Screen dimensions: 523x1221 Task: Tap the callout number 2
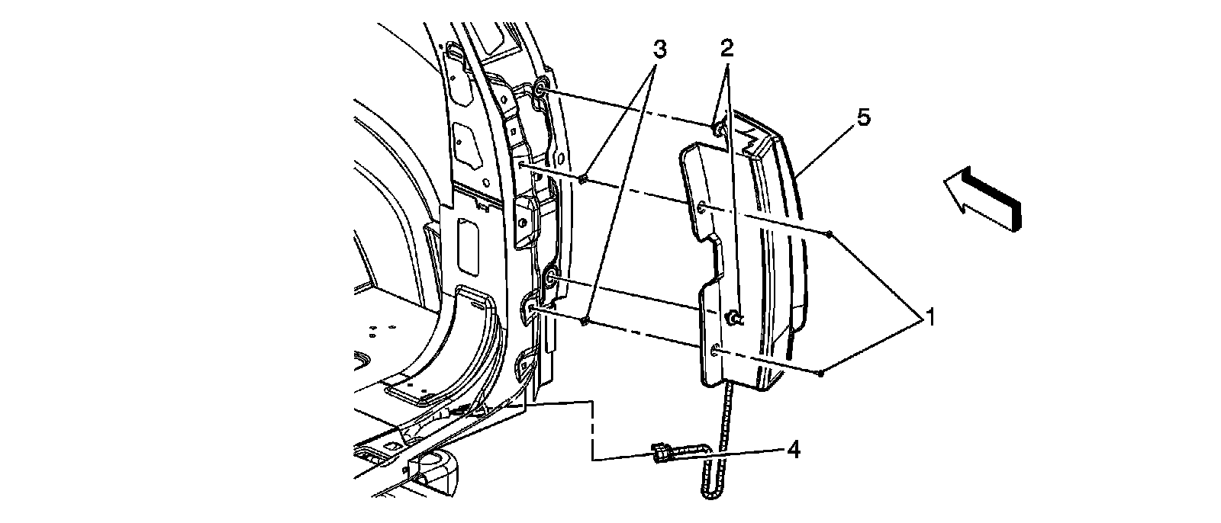click(x=726, y=50)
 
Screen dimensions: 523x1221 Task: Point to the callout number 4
click(x=794, y=451)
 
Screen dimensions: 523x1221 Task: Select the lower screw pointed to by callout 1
click(x=819, y=373)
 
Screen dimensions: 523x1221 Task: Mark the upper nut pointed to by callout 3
click(x=582, y=179)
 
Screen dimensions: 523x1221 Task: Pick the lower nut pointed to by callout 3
click(x=585, y=320)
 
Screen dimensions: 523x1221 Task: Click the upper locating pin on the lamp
click(x=717, y=129)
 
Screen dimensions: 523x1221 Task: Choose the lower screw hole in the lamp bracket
click(x=715, y=349)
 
